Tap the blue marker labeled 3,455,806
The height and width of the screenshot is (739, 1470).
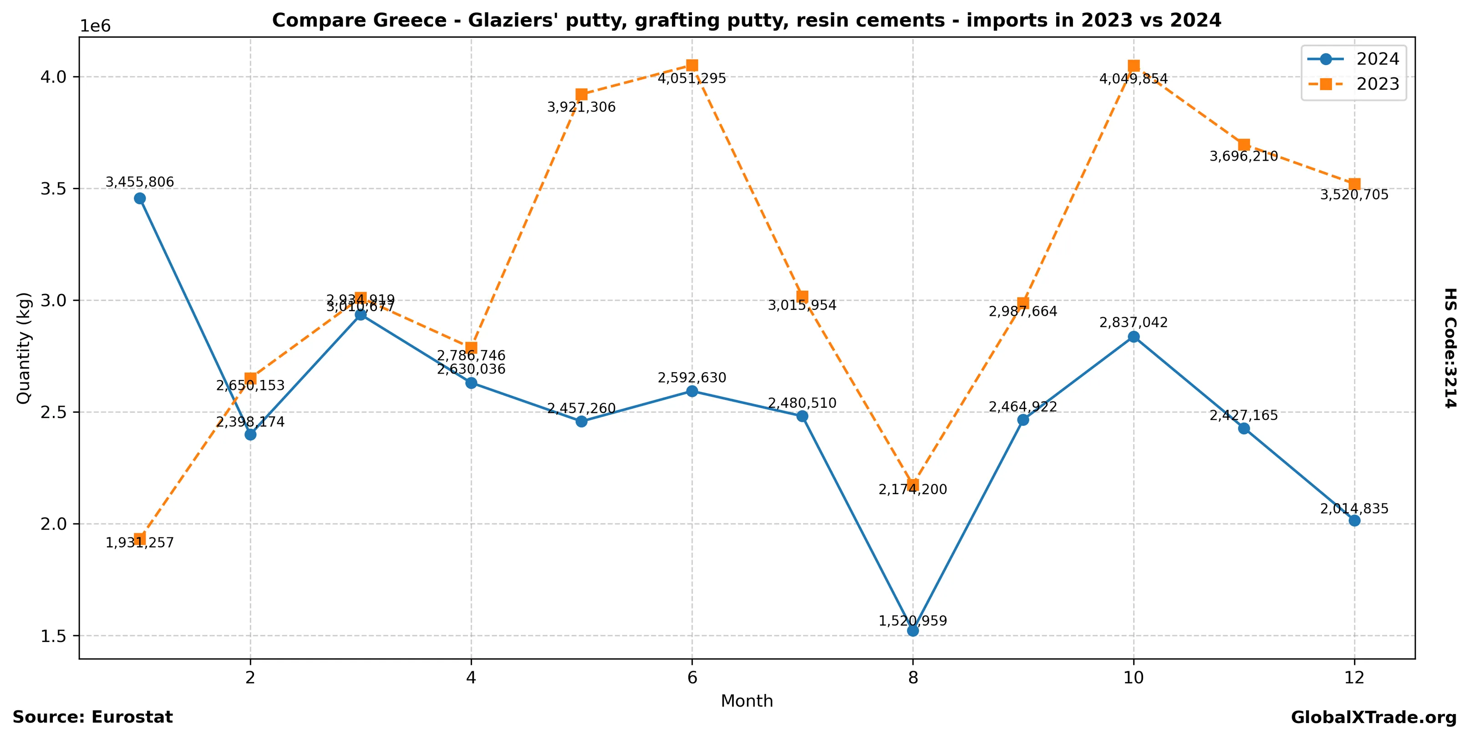click(140, 198)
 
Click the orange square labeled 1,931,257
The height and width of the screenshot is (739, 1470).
click(140, 539)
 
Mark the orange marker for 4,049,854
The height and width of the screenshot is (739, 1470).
click(1134, 66)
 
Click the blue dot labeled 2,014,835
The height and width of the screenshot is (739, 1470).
click(1354, 521)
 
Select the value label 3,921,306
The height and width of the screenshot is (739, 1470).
click(581, 107)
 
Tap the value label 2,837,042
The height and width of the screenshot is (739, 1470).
click(1134, 323)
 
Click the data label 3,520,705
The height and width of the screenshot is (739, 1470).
click(1354, 195)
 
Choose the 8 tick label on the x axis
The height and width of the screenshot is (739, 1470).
click(913, 678)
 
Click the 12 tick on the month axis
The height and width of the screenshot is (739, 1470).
click(1354, 678)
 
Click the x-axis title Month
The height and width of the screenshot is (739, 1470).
click(747, 701)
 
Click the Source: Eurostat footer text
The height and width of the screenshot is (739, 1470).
click(92, 717)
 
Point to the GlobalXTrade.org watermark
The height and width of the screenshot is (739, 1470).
click(1373, 718)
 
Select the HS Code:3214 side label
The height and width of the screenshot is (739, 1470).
click(1450, 348)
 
